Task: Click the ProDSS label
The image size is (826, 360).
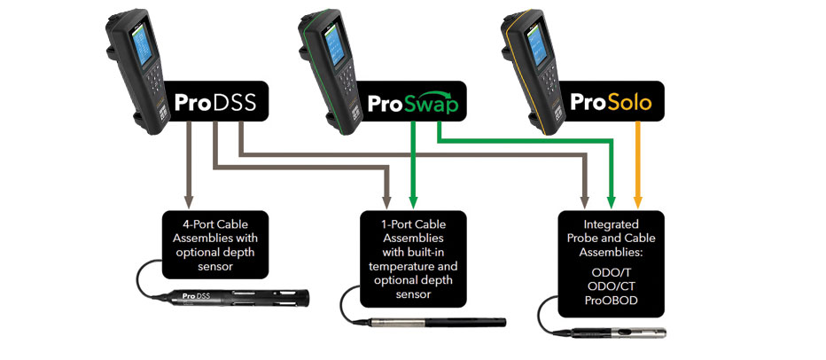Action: tap(214, 104)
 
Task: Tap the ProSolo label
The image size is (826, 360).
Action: tap(611, 104)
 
